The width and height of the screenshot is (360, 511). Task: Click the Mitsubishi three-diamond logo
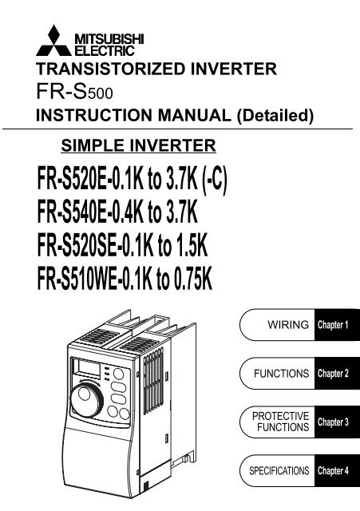(53, 41)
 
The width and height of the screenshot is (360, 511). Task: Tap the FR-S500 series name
(74, 92)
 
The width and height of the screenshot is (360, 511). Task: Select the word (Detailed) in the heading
(275, 115)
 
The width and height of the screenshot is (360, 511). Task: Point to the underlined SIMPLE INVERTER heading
(138, 145)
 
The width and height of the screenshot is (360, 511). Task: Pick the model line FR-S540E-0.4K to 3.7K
(117, 212)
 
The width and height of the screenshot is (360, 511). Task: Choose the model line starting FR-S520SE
(122, 246)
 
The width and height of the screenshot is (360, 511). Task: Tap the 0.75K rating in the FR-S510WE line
(192, 279)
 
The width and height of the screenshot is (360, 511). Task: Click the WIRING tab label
(288, 325)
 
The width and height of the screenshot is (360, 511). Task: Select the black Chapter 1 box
(337, 325)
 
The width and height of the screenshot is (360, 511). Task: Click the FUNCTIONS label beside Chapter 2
(282, 373)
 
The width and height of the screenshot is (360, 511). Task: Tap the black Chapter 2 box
(337, 374)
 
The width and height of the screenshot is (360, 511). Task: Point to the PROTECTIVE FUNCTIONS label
(281, 422)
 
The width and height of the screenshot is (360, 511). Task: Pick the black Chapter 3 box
(337, 422)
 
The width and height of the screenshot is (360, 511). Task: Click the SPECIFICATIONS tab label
(279, 470)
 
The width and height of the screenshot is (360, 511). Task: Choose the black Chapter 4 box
(337, 471)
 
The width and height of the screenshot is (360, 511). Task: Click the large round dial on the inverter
(87, 399)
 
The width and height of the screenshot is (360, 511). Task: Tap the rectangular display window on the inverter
(89, 369)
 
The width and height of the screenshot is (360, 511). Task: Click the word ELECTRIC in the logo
(105, 51)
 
